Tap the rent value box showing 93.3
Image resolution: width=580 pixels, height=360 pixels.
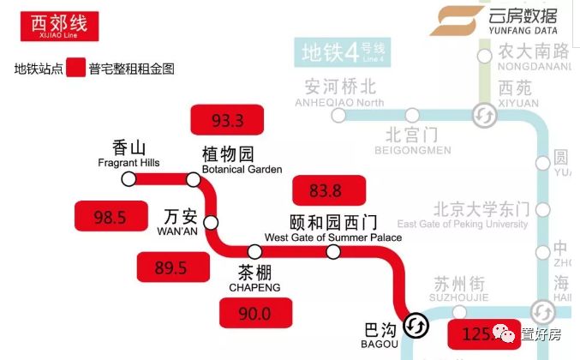click(x=228, y=120)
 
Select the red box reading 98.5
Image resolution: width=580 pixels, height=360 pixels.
click(x=110, y=217)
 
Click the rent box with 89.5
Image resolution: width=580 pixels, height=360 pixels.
click(x=170, y=267)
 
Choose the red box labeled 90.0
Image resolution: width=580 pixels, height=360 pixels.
click(x=255, y=314)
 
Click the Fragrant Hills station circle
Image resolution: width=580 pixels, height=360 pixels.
click(x=129, y=179)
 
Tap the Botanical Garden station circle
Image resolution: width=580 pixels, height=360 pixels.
click(x=194, y=179)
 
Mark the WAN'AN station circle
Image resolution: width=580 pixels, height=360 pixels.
click(x=211, y=222)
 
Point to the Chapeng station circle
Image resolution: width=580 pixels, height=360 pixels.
click(x=254, y=252)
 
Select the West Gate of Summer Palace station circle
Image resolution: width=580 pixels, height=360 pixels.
click(x=333, y=252)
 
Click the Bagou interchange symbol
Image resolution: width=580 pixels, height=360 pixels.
click(x=417, y=326)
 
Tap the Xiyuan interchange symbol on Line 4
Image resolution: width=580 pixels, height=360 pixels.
click(x=482, y=115)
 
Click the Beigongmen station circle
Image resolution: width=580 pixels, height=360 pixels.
click(x=412, y=115)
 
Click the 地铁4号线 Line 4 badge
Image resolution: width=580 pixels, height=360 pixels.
click(x=343, y=53)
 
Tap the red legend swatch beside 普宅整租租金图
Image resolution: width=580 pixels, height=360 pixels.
click(x=75, y=68)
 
